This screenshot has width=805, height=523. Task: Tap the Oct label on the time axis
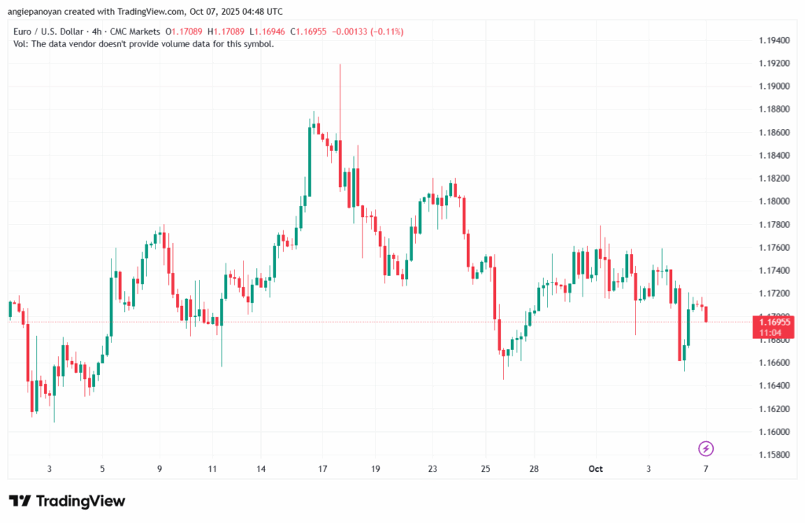click(595, 469)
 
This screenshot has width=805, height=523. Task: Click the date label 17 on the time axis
click(322, 469)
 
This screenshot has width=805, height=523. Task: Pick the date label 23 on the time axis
click(432, 469)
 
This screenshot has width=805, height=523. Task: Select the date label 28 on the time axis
click(534, 469)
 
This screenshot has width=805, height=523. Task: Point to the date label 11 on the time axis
click(212, 469)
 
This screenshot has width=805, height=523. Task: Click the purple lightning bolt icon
click(706, 448)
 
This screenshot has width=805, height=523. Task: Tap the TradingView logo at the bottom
click(67, 501)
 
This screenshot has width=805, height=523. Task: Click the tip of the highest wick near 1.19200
click(340, 65)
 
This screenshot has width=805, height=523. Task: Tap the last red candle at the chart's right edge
click(707, 314)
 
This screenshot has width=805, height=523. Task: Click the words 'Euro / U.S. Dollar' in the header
click(49, 31)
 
